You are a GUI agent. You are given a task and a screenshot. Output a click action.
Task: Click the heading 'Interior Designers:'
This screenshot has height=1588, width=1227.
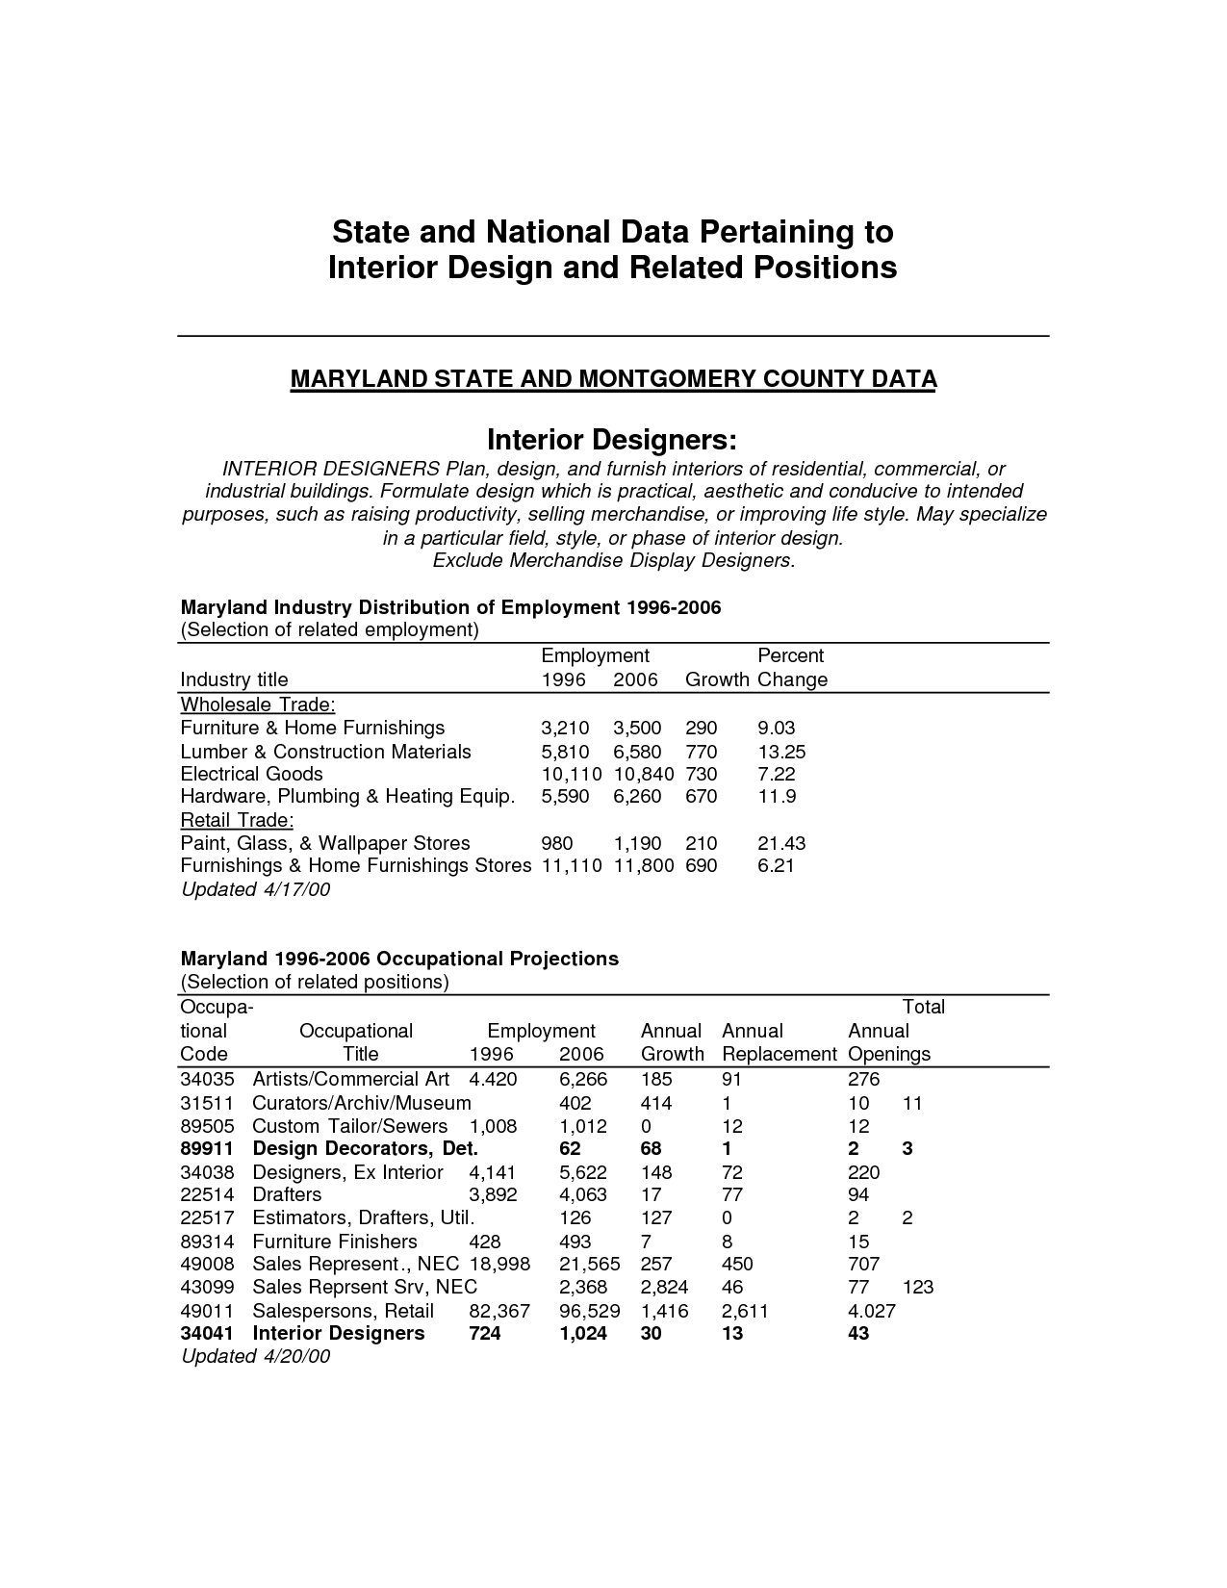(612, 440)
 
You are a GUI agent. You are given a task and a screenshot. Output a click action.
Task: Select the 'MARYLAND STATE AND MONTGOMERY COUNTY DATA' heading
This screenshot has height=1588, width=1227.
(613, 379)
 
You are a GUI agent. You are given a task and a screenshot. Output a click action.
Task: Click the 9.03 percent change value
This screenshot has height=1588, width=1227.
(777, 728)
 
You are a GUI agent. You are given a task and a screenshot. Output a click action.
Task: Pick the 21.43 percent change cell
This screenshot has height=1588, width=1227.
(781, 843)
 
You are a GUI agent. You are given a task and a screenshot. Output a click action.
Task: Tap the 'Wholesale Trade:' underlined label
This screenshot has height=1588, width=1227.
(258, 704)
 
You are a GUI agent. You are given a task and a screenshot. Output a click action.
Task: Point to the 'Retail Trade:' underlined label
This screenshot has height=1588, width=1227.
(237, 820)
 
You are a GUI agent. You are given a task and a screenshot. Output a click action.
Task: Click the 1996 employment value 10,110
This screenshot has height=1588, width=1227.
(571, 774)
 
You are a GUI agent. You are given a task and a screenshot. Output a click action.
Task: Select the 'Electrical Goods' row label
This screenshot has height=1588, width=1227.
(251, 774)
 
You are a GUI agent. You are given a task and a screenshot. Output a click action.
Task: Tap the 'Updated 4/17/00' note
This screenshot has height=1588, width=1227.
(255, 889)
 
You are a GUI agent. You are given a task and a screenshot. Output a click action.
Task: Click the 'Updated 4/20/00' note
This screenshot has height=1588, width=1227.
(255, 1356)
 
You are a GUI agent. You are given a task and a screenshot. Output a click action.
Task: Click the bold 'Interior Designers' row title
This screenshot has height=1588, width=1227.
(338, 1333)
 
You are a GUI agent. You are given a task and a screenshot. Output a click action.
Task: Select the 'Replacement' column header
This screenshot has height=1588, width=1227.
(779, 1054)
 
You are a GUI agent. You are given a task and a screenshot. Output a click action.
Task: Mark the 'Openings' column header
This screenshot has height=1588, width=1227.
(889, 1054)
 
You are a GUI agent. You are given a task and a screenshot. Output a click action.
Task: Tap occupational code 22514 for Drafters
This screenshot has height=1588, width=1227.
(207, 1194)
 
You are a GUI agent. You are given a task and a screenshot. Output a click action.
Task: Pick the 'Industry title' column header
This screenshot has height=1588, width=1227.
(234, 679)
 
